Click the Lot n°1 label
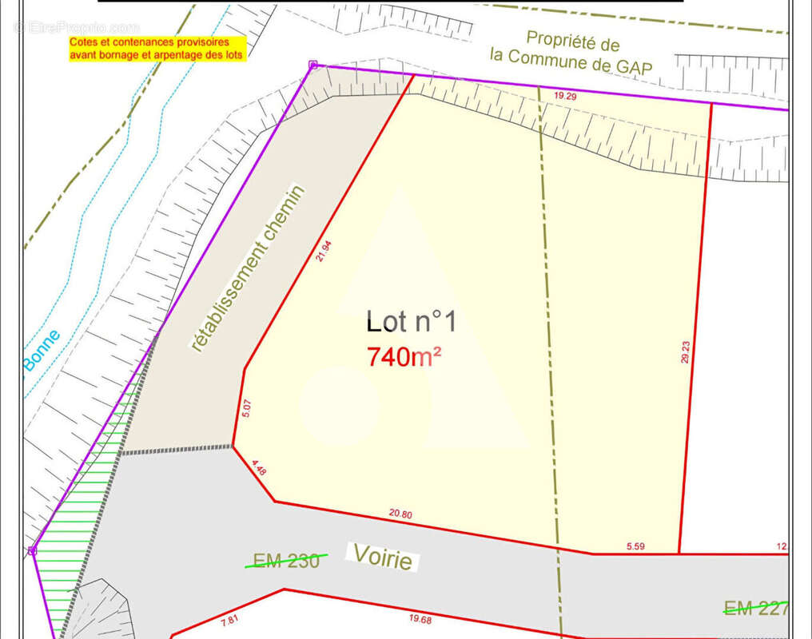pyautogui.click(x=411, y=322)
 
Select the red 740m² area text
pyautogui.click(x=404, y=356)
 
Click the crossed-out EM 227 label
pyautogui.click(x=755, y=609)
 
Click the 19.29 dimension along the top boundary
pyautogui.click(x=565, y=96)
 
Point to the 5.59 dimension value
pyautogui.click(x=635, y=546)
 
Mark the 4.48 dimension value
pyautogui.click(x=258, y=468)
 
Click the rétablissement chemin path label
pyautogui.click(x=248, y=268)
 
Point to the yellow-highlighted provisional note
pyautogui.click(x=157, y=49)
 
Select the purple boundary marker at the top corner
pyautogui.click(x=313, y=65)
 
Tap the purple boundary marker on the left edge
pyautogui.click(x=33, y=550)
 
